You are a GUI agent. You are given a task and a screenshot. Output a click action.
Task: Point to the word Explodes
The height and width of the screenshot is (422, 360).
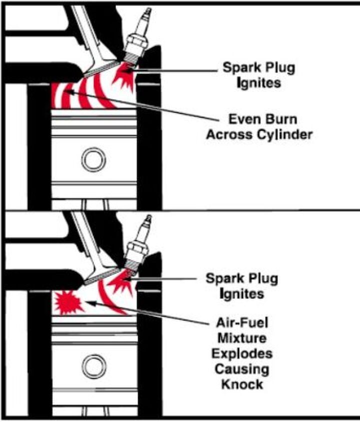241,354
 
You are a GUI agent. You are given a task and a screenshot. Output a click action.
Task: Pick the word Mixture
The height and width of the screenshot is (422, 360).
241,338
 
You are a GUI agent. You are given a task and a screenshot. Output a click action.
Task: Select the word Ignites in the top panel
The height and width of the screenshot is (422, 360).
259,82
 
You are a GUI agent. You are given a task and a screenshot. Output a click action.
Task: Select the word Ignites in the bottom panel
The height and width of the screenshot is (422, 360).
242,293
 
